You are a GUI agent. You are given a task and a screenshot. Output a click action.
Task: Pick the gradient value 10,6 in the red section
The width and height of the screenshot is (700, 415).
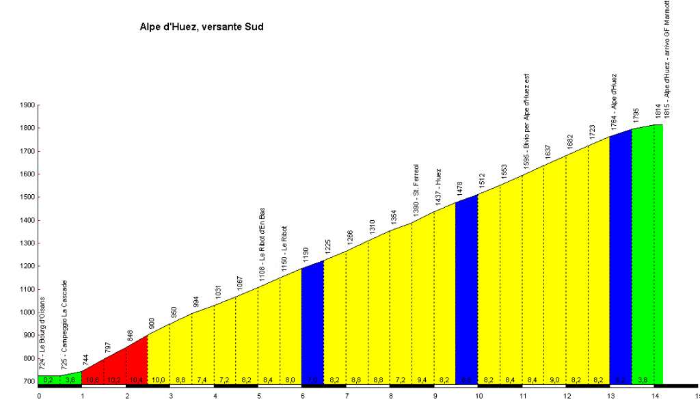[92, 379]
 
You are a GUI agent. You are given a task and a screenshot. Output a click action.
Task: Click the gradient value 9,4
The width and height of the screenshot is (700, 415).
[422, 379]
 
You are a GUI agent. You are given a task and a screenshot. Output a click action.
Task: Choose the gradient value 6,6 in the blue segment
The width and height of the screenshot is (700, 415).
[466, 379]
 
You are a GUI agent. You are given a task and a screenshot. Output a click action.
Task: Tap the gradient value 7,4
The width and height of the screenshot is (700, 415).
[202, 379]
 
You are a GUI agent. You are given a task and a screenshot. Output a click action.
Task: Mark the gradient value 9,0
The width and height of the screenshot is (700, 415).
[554, 379]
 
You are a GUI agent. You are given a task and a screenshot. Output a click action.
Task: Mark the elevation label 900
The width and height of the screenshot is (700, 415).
[152, 323]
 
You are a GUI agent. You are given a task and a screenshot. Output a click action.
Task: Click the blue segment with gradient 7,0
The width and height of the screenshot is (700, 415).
[312, 321]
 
